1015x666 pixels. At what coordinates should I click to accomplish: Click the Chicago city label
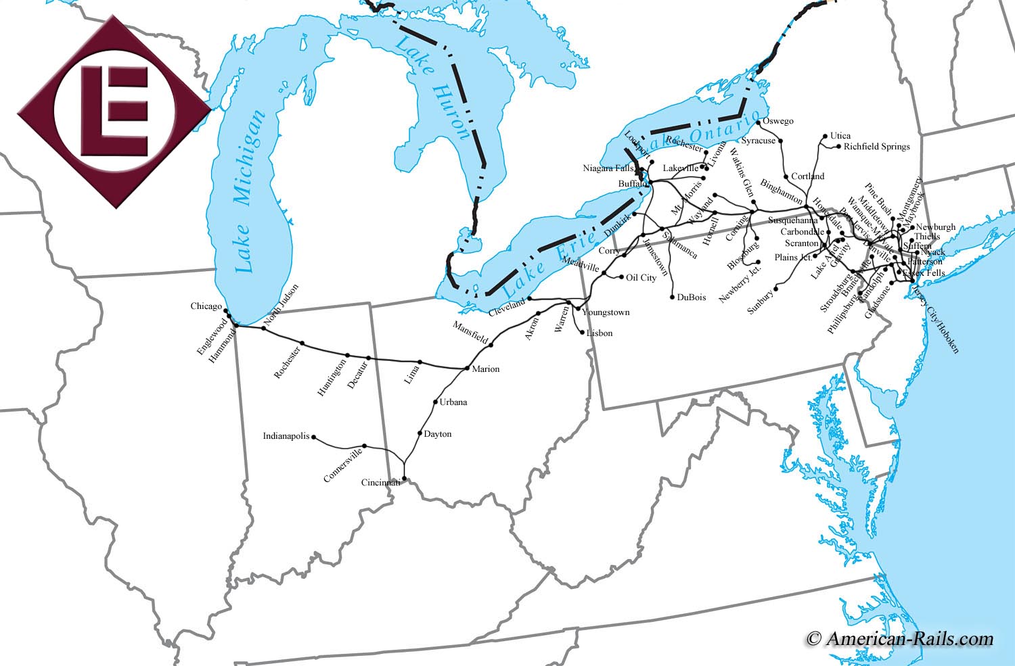(206, 306)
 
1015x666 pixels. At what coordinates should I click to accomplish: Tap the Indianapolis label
(286, 436)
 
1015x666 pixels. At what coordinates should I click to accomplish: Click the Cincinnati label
(380, 483)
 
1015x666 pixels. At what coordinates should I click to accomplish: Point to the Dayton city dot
(420, 433)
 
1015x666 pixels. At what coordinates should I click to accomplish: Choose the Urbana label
(453, 402)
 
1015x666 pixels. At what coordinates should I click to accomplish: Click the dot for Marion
(467, 368)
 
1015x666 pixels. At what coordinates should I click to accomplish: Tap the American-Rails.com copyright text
(900, 638)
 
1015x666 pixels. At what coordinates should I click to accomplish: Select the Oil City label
(641, 277)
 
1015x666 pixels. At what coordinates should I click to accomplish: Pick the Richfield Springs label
(876, 146)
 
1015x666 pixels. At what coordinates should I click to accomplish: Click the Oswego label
(778, 121)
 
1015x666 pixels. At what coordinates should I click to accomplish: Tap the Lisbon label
(600, 333)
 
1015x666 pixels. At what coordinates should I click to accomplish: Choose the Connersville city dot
(365, 446)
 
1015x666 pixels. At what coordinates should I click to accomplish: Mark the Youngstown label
(606, 312)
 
